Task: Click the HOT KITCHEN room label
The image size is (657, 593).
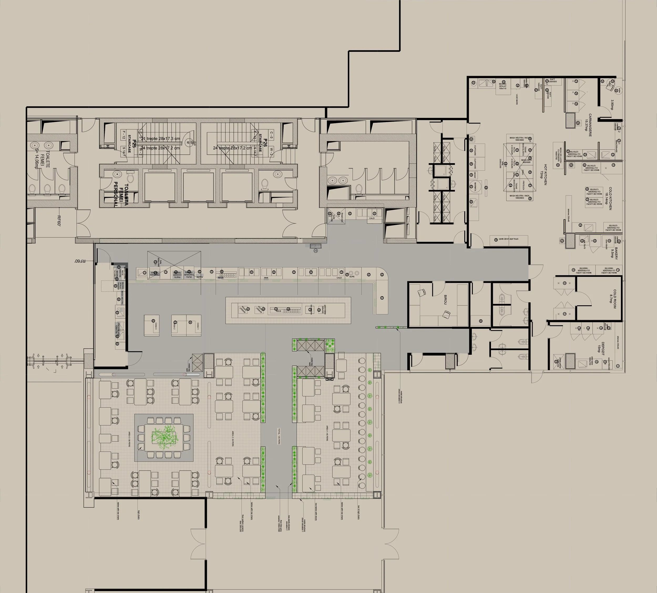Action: point(543,174)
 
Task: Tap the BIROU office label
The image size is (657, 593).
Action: point(445,300)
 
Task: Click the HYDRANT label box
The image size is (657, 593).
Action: point(315,246)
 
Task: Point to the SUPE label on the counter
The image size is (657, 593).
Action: point(352,277)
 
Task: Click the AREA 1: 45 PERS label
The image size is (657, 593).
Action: point(327,433)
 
